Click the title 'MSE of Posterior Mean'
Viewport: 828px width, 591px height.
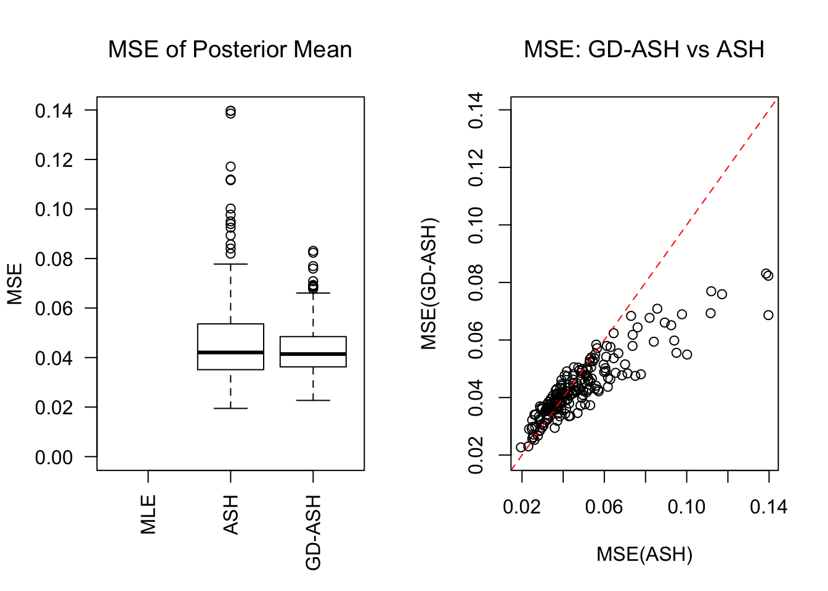click(x=230, y=50)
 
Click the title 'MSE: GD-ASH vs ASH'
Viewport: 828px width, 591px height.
click(x=644, y=50)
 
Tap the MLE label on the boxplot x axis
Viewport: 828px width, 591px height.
click(x=148, y=515)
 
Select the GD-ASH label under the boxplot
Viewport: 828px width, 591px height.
click(x=314, y=533)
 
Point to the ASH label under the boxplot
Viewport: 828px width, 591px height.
click(x=231, y=515)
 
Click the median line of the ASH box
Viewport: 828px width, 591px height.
click(x=230, y=352)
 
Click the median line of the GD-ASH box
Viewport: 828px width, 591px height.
click(x=313, y=354)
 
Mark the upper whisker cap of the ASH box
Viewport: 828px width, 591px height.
click(x=230, y=264)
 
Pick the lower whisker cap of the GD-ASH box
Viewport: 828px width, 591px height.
click(x=313, y=400)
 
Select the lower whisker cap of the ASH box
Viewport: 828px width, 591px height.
click(x=230, y=408)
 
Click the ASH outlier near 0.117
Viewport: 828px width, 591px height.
click(x=230, y=167)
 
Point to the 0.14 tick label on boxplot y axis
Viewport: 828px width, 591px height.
click(x=54, y=111)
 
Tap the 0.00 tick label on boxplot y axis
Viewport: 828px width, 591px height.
click(x=54, y=457)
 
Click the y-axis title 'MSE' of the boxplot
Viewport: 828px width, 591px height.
click(x=15, y=284)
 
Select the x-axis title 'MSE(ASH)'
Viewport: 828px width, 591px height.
click(x=644, y=555)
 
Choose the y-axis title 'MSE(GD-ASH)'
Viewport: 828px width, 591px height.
click(x=429, y=284)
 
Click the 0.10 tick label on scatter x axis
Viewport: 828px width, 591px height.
click(x=686, y=507)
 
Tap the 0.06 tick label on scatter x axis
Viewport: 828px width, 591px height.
click(x=604, y=507)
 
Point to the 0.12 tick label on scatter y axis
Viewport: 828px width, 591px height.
click(x=476, y=167)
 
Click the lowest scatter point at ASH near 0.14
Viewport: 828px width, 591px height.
click(x=768, y=315)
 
